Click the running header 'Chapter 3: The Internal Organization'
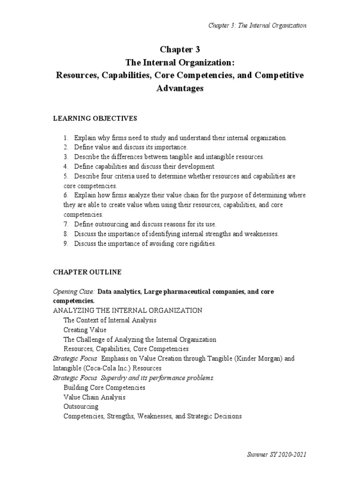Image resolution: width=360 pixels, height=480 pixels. pos(257,25)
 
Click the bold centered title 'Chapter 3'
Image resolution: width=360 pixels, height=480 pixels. pos(180,50)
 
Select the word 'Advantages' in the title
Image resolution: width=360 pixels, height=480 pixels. pos(180,89)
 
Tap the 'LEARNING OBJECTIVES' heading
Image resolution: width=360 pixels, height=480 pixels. pos(95,119)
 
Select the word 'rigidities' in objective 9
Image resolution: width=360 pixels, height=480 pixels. pos(200,244)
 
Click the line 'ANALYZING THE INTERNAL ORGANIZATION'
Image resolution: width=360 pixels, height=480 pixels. pos(127,311)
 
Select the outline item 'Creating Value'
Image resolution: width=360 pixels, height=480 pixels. pos(85,330)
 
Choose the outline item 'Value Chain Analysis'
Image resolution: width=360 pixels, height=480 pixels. pos(94,397)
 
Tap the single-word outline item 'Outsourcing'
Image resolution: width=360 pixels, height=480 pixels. pos(81,406)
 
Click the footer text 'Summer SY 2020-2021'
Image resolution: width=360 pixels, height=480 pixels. pos(276,455)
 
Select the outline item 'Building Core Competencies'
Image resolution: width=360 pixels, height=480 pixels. pos(104,388)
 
